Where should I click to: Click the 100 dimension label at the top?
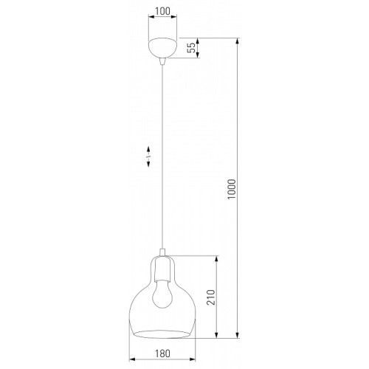click(162, 11)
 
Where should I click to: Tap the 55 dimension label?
click(191, 48)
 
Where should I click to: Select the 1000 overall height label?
click(232, 189)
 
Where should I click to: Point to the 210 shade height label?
click(210, 297)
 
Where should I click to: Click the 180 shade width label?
click(162, 354)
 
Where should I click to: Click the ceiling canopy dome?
click(162, 48)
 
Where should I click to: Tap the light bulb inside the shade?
click(162, 294)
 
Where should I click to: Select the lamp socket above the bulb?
click(162, 269)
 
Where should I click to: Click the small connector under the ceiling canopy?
click(162, 61)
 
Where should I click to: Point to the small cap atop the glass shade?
click(162, 252)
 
